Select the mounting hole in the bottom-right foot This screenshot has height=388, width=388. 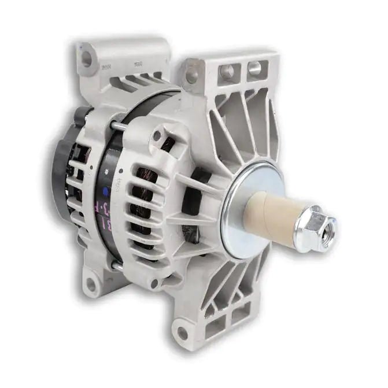click(183, 332)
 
